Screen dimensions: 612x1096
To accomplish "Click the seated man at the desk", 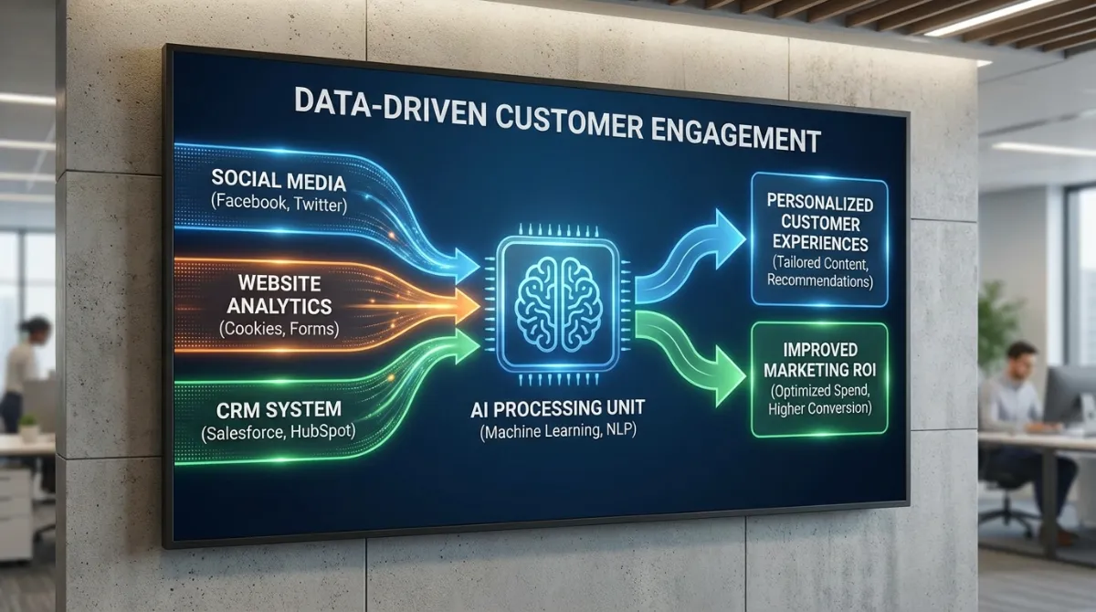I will tap(1012, 402).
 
